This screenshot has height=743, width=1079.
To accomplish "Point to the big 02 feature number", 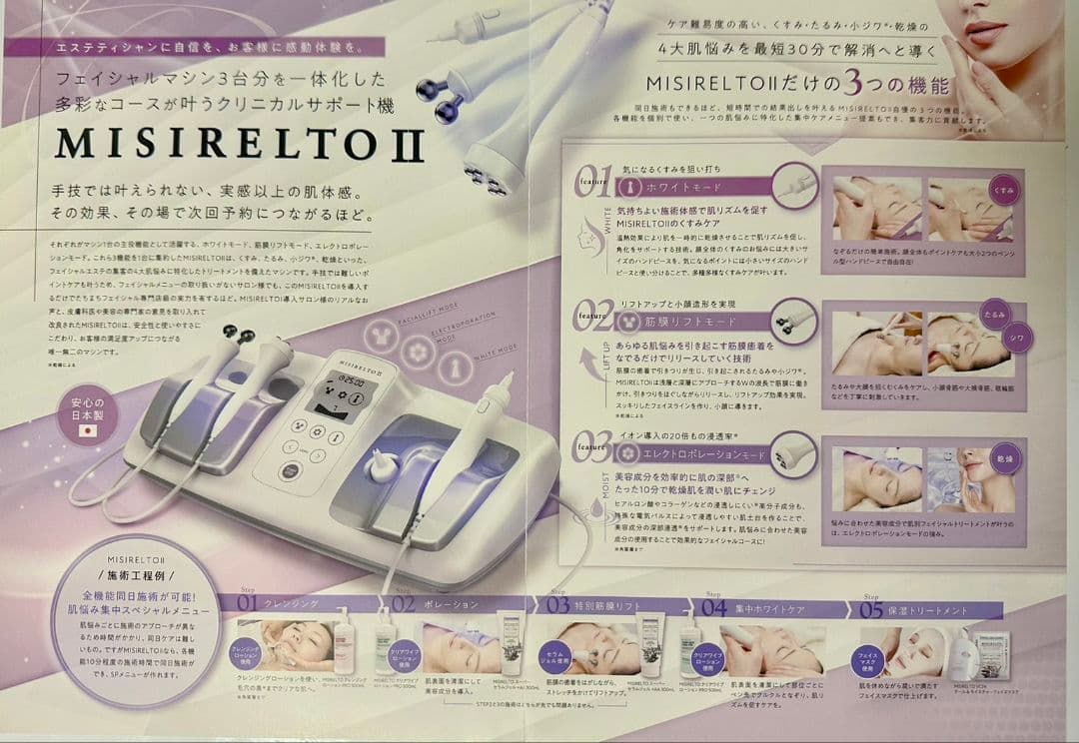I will [x=593, y=317].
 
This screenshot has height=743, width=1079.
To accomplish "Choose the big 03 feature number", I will [x=592, y=446].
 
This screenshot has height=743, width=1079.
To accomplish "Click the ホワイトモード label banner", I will [x=689, y=187].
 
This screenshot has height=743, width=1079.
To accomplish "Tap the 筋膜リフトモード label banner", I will [x=689, y=322].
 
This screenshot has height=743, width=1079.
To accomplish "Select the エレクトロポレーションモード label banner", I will [x=699, y=453].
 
